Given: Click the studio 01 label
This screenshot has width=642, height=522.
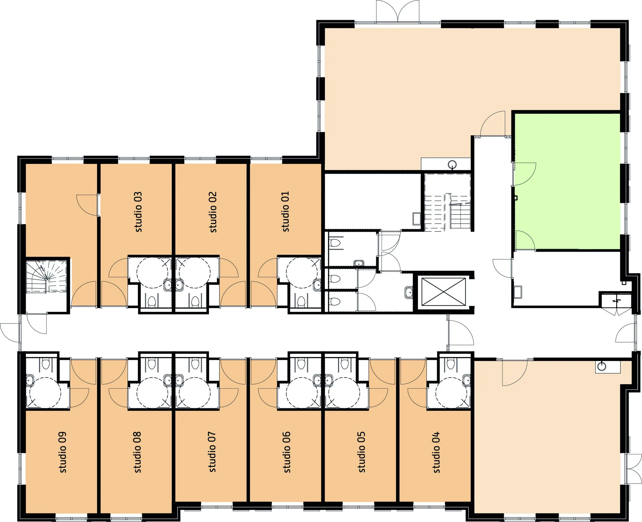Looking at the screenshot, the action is click(x=285, y=212).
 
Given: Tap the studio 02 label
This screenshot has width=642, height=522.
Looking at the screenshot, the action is click(x=213, y=212).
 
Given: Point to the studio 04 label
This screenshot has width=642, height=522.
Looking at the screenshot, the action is click(x=436, y=452).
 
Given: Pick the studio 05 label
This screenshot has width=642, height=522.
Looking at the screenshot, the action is click(x=361, y=452).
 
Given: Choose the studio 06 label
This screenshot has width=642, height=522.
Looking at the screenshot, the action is click(x=287, y=452).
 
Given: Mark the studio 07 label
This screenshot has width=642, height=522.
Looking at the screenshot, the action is click(x=212, y=452).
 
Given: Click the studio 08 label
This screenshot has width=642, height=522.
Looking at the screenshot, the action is click(x=137, y=452).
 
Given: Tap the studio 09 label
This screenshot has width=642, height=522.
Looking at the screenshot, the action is click(x=62, y=452).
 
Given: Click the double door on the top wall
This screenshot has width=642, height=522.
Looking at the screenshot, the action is click(x=397, y=11).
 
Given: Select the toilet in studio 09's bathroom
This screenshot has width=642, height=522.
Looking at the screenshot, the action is click(x=45, y=364).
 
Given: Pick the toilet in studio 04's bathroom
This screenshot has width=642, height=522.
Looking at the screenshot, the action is click(x=450, y=364).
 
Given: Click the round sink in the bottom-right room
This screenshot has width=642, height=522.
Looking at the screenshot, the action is click(x=602, y=366).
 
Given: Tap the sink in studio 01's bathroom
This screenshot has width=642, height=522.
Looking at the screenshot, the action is click(x=317, y=285).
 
